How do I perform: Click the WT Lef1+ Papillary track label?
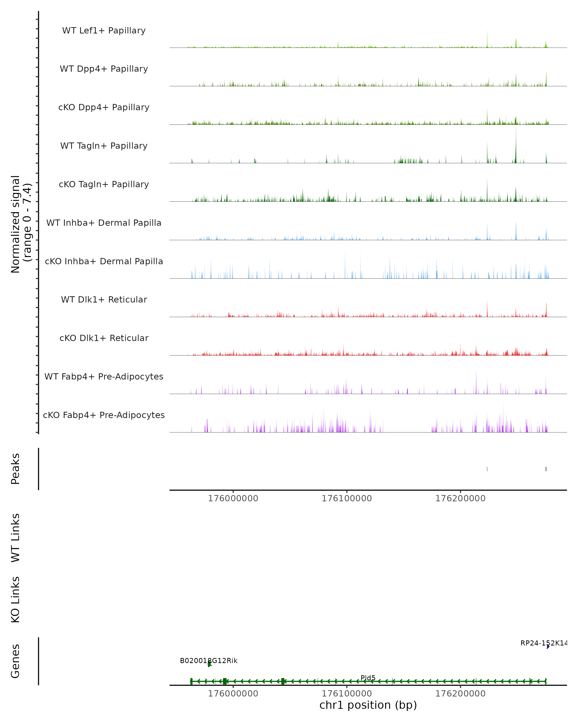tap(104, 31)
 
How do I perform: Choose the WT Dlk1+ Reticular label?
tap(104, 299)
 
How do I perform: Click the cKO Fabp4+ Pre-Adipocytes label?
tap(104, 415)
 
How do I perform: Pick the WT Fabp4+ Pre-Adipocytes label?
tap(104, 376)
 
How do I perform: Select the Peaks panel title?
tap(15, 469)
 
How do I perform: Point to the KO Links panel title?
tap(15, 600)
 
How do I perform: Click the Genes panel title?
tap(15, 661)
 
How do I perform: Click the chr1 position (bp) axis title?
tap(368, 705)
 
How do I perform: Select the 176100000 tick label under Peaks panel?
tap(347, 498)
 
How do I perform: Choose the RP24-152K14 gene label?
tap(543, 643)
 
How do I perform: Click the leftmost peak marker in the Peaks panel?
tap(487, 469)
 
